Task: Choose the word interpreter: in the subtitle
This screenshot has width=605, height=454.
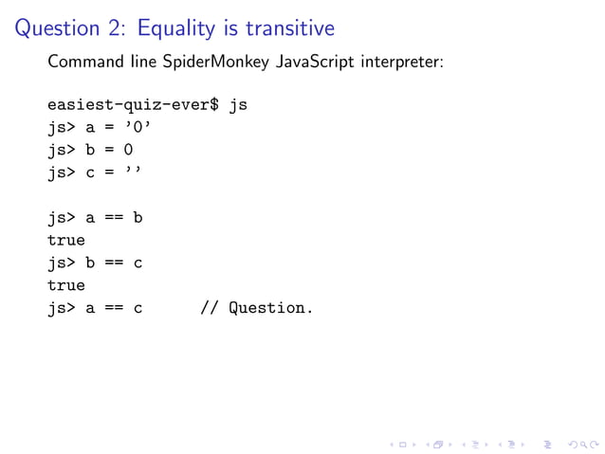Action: pyautogui.click(x=402, y=64)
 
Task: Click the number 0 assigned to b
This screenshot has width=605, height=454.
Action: pyautogui.click(x=128, y=150)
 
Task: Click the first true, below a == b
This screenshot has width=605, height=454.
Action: pyautogui.click(x=66, y=240)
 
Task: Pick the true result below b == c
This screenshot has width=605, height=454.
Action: pyautogui.click(x=66, y=284)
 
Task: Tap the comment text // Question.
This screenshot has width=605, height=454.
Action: pyautogui.click(x=255, y=307)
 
